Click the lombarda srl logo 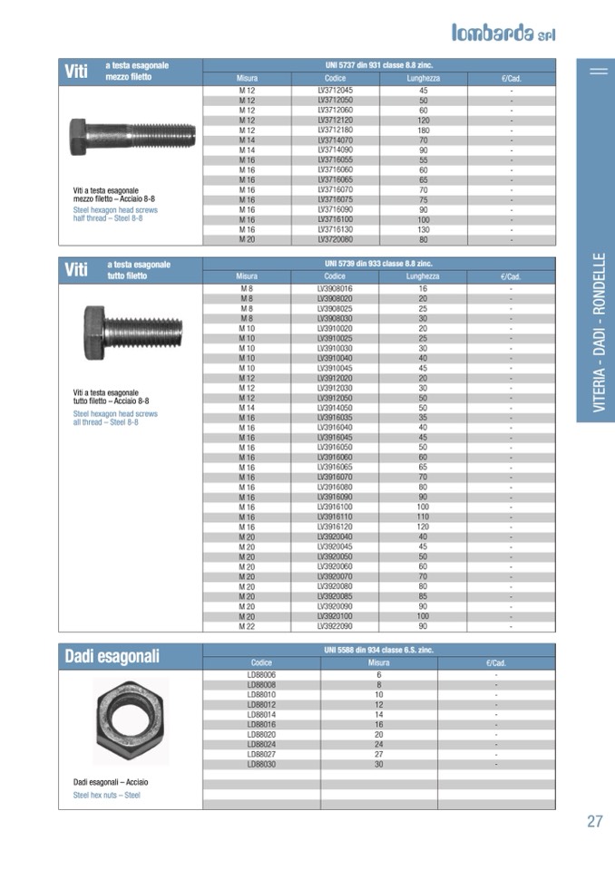pyautogui.click(x=503, y=33)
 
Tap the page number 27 pyautogui.click(x=595, y=822)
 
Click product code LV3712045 pyautogui.click(x=335, y=92)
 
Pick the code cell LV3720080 pyautogui.click(x=335, y=240)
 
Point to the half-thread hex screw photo pyautogui.click(x=132, y=136)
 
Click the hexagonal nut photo pyautogui.click(x=131, y=720)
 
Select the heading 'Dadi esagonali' pyautogui.click(x=112, y=657)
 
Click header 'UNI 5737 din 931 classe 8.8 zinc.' pyautogui.click(x=378, y=66)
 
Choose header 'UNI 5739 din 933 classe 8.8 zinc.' pyautogui.click(x=378, y=264)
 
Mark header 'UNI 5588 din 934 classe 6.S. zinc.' pyautogui.click(x=378, y=651)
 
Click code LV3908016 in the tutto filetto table pyautogui.click(x=335, y=288)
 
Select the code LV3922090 pyautogui.click(x=335, y=626)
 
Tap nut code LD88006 pyautogui.click(x=261, y=675)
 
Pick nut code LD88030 pyautogui.click(x=261, y=764)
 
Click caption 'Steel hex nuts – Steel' pyautogui.click(x=107, y=796)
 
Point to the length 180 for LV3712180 pyautogui.click(x=423, y=130)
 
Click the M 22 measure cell pyautogui.click(x=247, y=626)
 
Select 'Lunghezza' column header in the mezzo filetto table pyautogui.click(x=423, y=79)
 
